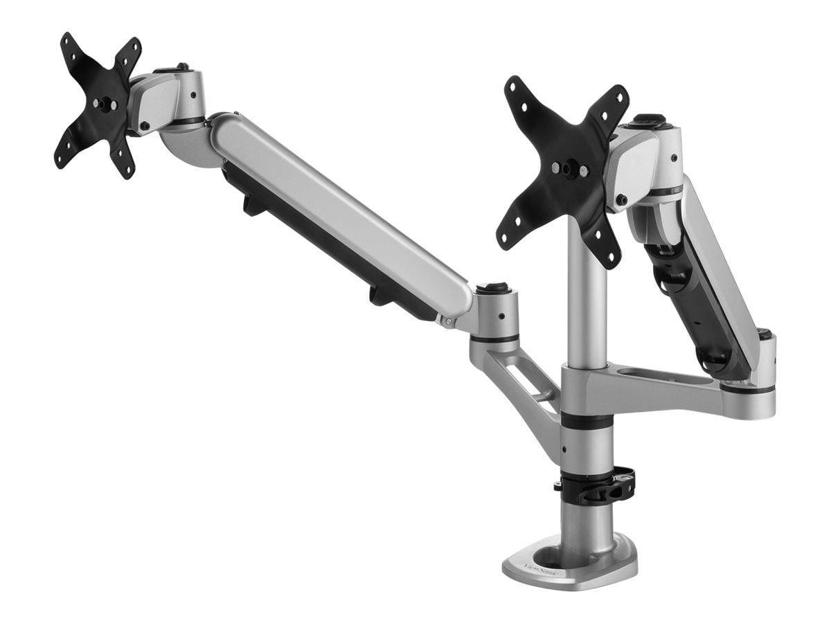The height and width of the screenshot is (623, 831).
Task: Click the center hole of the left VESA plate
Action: click(105, 103)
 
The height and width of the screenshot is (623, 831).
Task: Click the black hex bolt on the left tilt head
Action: click(144, 125)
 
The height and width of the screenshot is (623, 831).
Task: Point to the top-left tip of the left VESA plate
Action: click(67, 39)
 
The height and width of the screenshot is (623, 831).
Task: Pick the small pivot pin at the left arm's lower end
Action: click(449, 322)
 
